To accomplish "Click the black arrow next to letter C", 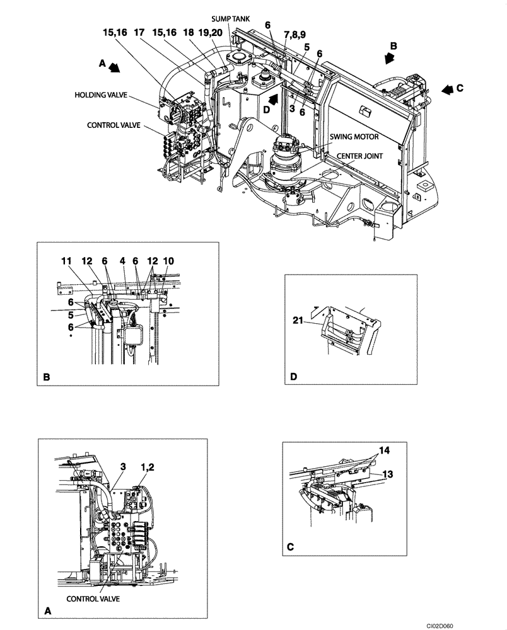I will (x=448, y=89).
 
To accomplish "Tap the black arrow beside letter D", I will (x=272, y=99).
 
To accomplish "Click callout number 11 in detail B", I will (x=67, y=260).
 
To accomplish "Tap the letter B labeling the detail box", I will (x=47, y=377).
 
